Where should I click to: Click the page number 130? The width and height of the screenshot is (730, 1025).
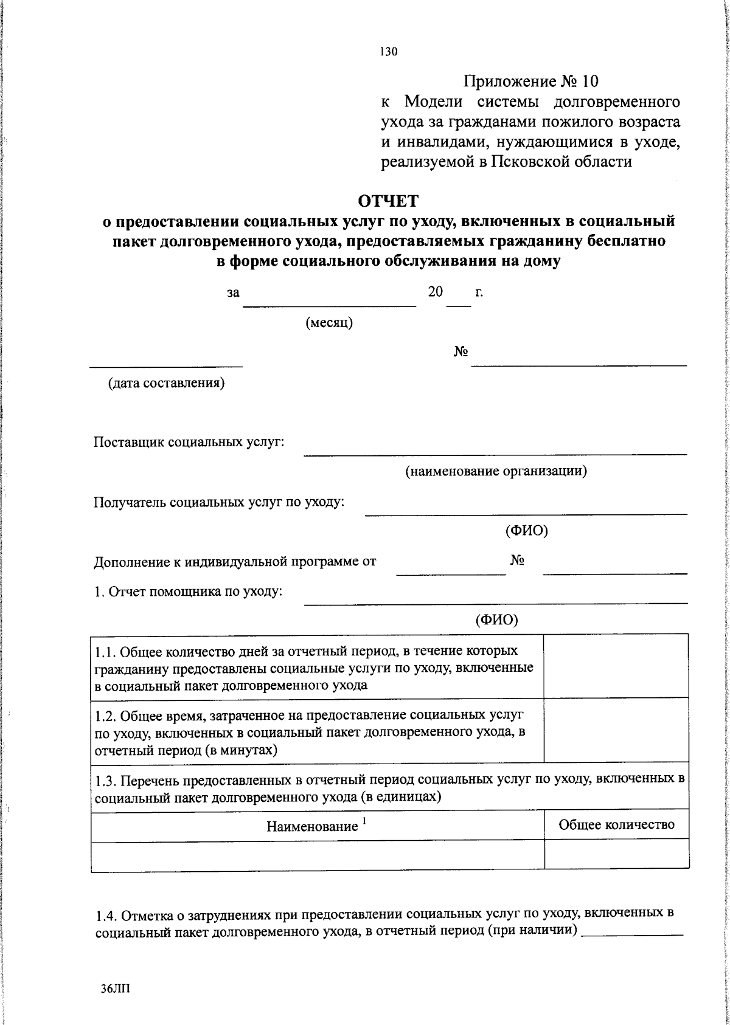(388, 52)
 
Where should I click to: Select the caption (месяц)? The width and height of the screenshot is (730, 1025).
(328, 323)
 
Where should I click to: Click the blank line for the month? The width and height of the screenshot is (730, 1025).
(329, 305)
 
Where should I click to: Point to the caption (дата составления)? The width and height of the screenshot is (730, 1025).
(166, 384)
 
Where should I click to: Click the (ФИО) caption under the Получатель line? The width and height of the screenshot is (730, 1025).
(526, 531)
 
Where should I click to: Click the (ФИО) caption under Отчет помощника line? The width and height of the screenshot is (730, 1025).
(496, 619)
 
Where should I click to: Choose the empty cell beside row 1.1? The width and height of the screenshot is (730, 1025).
(616, 666)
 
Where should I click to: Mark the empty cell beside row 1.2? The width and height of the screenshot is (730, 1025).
(616, 730)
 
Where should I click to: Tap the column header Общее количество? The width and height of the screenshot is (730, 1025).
(616, 825)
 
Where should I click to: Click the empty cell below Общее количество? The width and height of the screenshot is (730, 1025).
(616, 856)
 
